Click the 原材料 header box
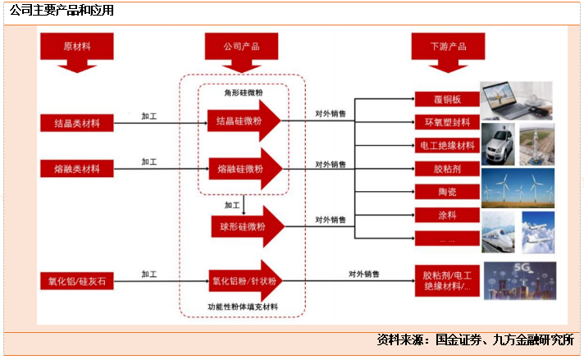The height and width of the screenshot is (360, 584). pyautogui.click(x=77, y=46)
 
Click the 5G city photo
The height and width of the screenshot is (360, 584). pyautogui.click(x=519, y=280)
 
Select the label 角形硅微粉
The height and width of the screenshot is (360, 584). pyautogui.click(x=244, y=93)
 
